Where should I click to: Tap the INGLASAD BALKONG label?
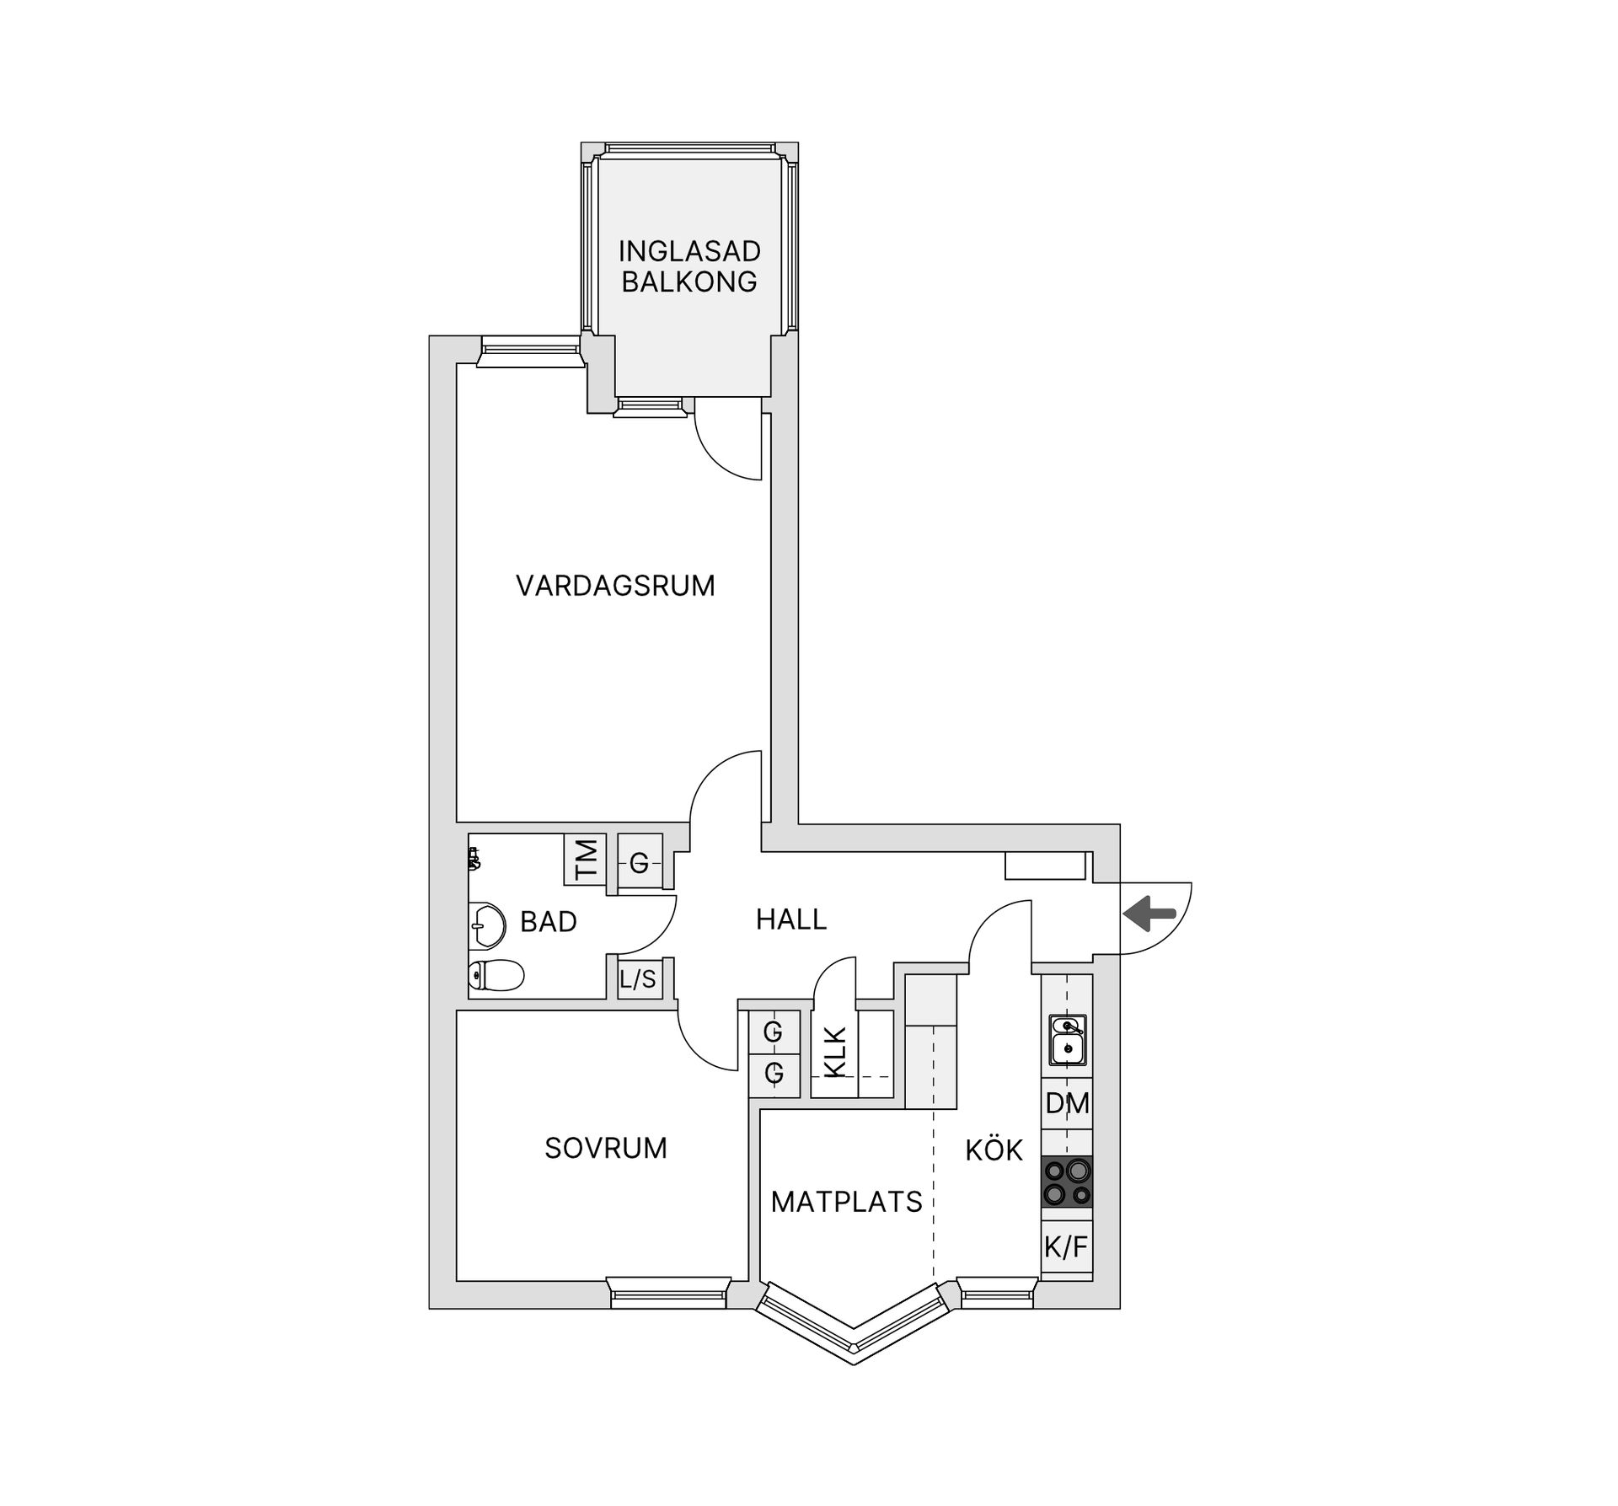click(688, 266)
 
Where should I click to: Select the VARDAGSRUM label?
click(615, 586)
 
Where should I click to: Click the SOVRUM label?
click(605, 1148)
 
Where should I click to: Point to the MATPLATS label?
click(846, 1202)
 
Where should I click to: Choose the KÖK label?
click(994, 1150)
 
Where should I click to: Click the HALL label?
click(790, 919)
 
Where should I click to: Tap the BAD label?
click(548, 922)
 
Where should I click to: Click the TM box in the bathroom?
click(585, 860)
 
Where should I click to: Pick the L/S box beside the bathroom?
click(637, 979)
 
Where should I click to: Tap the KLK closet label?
click(834, 1053)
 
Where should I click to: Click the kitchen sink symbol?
click(1067, 1039)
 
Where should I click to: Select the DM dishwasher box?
click(1067, 1103)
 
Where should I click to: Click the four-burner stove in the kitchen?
click(1067, 1182)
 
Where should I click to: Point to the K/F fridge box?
click(1067, 1247)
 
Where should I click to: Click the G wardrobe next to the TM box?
click(639, 863)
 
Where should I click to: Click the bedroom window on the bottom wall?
click(668, 1293)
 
